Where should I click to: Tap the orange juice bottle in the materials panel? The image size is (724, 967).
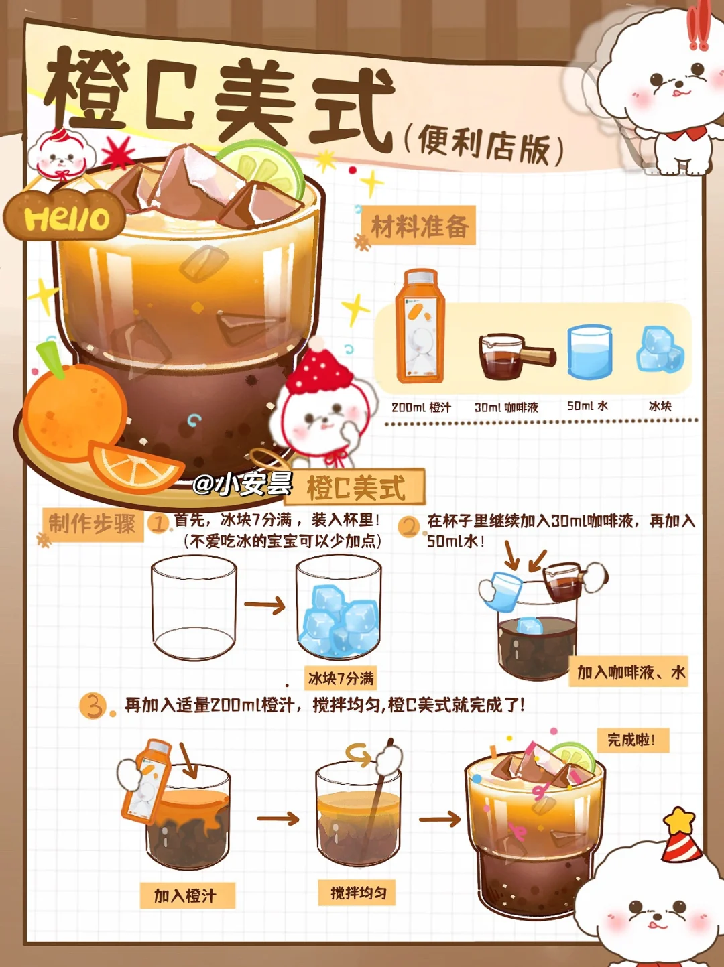coord(420,326)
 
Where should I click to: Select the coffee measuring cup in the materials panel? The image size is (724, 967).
coord(516,356)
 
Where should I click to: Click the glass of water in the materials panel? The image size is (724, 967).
coord(589,351)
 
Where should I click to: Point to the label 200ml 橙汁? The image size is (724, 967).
coord(421,407)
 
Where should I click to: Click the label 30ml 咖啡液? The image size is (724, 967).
coord(506,407)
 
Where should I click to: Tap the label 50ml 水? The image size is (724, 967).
coord(587,406)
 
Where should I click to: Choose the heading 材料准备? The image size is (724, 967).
coord(419,227)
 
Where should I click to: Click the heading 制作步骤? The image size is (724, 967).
coord(92,524)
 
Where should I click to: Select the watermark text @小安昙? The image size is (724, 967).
coord(243,484)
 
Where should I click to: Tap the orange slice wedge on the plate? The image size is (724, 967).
coord(136,468)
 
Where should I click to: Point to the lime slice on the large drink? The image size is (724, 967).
coord(264,166)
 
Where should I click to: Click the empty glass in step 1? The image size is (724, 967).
coord(194,607)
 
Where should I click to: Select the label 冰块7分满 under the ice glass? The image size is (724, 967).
coord(341,679)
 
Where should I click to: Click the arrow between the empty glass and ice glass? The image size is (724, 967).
coord(265,605)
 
